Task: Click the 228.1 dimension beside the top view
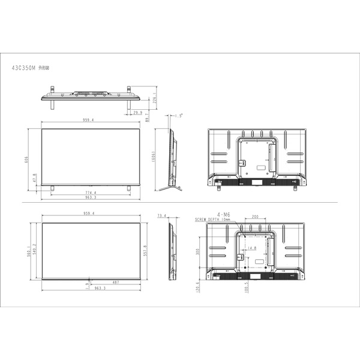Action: pyautogui.click(x=155, y=100)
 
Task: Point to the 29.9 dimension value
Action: pyautogui.click(x=137, y=112)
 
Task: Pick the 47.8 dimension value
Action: pyautogui.click(x=34, y=179)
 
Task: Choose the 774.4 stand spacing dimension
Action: pyautogui.click(x=91, y=192)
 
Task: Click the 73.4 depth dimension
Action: pyautogui.click(x=161, y=215)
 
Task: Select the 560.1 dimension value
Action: pyautogui.click(x=29, y=250)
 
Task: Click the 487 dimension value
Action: pyautogui.click(x=115, y=283)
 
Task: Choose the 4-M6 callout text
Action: pyautogui.click(x=224, y=214)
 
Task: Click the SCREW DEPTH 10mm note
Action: pyautogui.click(x=213, y=220)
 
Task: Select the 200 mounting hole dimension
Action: pyautogui.click(x=255, y=217)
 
